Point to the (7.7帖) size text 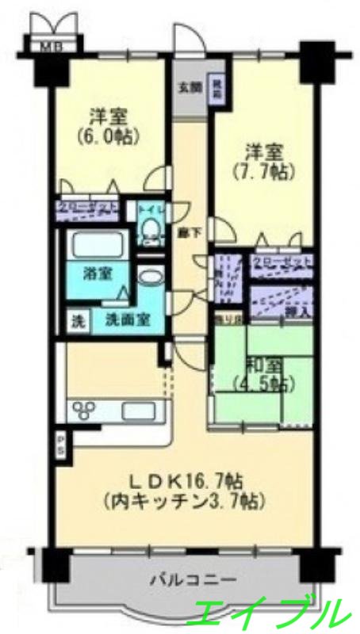pyautogui.click(x=259, y=170)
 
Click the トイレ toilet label pyautogui.click(x=149, y=211)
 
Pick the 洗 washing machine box pyautogui.click(x=78, y=323)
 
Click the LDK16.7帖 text pyautogui.click(x=187, y=480)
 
